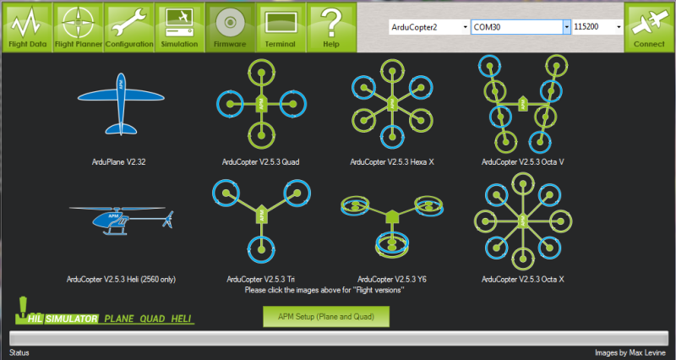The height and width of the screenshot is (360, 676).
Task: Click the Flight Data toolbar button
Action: (27, 27)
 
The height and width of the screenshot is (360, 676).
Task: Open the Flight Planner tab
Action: (78, 27)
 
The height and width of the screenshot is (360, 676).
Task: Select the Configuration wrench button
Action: (129, 27)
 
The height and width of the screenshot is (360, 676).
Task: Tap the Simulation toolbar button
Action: (179, 27)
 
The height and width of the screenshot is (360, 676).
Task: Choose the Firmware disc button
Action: (230, 27)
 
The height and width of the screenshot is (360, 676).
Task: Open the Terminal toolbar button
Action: (281, 27)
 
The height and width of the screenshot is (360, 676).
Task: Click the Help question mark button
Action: (331, 27)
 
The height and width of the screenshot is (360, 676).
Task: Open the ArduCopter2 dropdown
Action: (429, 27)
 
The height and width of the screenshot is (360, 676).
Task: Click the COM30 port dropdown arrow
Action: (566, 27)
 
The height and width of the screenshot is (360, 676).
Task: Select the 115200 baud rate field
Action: (597, 27)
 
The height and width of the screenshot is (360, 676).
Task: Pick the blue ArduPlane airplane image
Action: (121, 103)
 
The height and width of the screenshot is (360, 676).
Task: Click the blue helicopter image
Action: (122, 221)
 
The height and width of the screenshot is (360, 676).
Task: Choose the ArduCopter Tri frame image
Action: (261, 221)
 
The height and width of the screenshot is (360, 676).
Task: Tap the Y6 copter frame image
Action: (392, 224)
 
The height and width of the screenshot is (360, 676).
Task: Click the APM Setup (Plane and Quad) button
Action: (326, 316)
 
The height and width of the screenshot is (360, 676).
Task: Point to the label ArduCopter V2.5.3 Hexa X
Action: (392, 162)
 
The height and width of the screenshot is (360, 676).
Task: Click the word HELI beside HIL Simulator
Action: (181, 319)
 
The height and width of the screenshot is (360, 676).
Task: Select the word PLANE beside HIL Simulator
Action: (119, 319)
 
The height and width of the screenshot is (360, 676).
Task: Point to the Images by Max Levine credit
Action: (630, 352)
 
